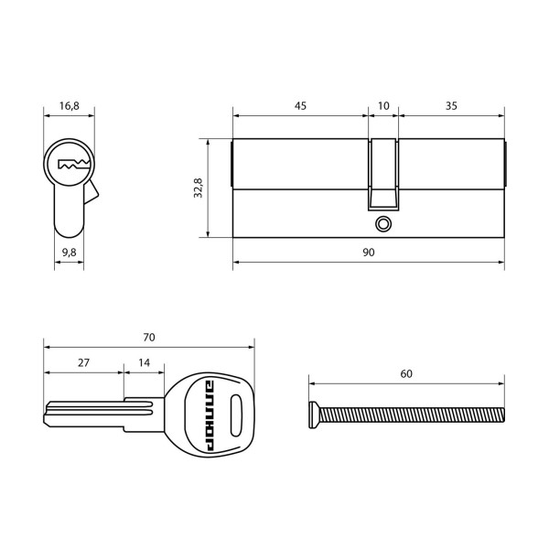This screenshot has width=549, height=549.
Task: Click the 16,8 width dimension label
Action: coord(70,106)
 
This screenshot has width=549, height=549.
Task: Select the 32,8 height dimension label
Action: coord(199,188)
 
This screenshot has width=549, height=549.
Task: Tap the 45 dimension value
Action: coord(300,106)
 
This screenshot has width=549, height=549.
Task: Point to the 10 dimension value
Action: coord(383,106)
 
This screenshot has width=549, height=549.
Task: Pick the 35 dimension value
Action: coord(451,106)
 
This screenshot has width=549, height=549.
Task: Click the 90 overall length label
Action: coord(369,252)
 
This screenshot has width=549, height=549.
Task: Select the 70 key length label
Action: coord(149,337)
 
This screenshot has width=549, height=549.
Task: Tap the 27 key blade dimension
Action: coord(83,362)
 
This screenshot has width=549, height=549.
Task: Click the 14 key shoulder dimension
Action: coord(144,362)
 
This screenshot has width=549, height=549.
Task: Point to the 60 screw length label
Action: coord(406,373)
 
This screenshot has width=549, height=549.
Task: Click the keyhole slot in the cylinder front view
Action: coord(70,166)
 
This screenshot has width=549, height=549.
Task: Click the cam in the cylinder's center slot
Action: coord(384,174)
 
